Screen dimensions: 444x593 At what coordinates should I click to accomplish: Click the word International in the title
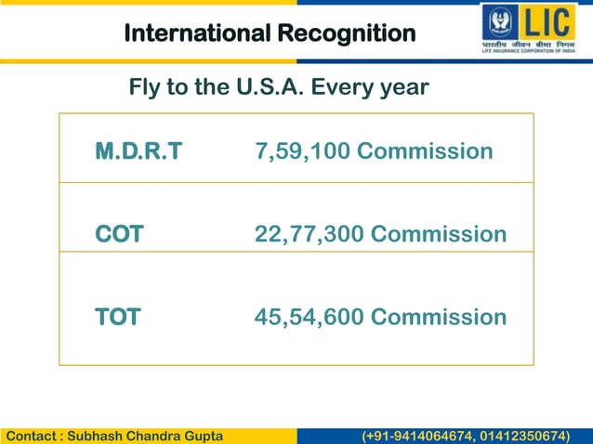pos(195,33)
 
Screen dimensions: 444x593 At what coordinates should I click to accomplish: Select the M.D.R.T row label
pos(138,150)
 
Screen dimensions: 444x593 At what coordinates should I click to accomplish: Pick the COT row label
pos(119,234)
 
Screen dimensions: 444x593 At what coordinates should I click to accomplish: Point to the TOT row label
pos(118,317)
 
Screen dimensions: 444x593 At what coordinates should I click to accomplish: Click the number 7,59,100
pos(302,150)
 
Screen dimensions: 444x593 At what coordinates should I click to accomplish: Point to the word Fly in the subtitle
pos(144,87)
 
